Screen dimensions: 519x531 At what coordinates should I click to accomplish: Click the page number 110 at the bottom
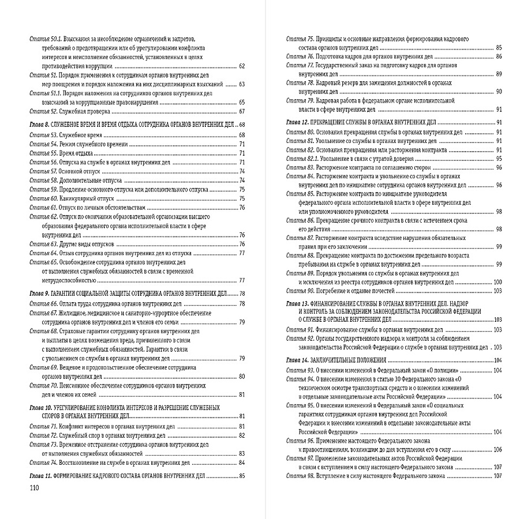click(33, 487)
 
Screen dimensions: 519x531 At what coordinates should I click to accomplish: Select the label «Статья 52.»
click(43, 111)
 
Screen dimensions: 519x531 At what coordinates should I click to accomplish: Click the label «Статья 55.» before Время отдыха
click(43, 153)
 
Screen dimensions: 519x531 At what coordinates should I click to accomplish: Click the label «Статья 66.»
click(43, 303)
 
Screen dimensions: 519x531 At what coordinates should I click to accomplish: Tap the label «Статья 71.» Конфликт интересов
click(42, 426)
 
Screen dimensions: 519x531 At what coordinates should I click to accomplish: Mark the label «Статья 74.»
click(43, 462)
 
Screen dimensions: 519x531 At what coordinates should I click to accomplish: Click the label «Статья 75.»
click(300, 39)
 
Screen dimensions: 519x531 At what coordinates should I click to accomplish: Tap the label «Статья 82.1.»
click(303, 159)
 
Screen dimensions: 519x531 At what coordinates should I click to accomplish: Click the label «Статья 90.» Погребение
click(300, 291)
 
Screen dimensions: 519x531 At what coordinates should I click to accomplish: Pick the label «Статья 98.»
click(300, 476)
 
